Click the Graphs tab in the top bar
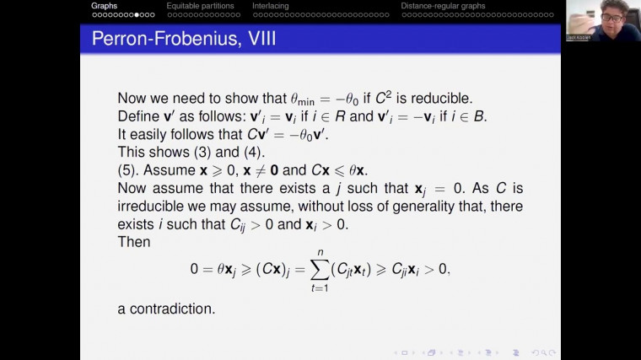click(x=105, y=6)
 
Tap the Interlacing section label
click(x=270, y=6)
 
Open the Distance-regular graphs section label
click(x=443, y=6)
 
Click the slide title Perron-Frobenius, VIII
click(x=183, y=38)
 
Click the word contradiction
click(x=175, y=309)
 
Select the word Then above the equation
click(x=134, y=242)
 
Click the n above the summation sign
click(x=320, y=251)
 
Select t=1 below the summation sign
click(x=320, y=287)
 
